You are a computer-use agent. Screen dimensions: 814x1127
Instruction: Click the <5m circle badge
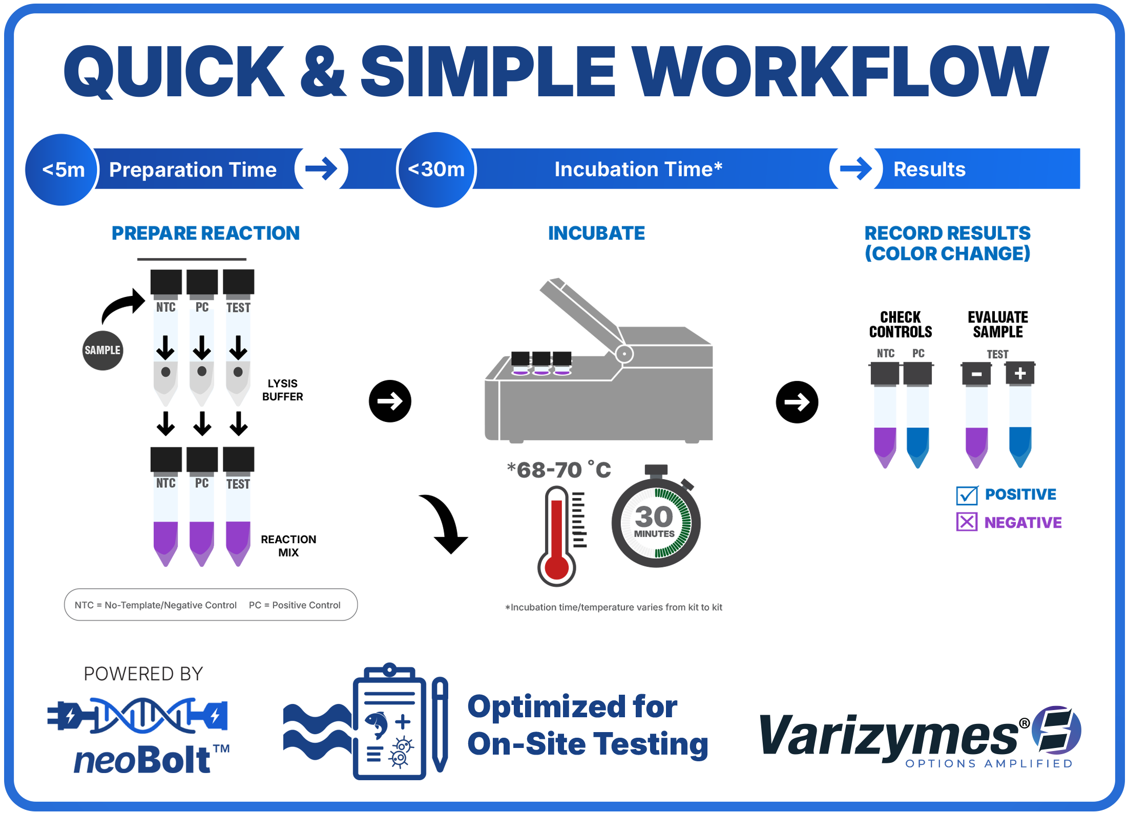click(x=62, y=169)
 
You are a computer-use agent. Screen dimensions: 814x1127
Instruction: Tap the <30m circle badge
click(x=436, y=169)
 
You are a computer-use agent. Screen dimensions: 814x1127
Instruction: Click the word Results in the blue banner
click(x=929, y=169)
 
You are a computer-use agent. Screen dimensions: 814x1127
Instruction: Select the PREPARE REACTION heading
click(x=205, y=233)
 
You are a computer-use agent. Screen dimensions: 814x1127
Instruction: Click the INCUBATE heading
click(x=596, y=233)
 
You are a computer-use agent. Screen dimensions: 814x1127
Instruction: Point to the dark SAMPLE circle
click(x=102, y=350)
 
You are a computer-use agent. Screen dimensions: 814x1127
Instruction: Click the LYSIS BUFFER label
click(x=282, y=390)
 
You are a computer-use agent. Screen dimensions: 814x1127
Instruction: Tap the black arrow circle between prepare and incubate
click(x=390, y=401)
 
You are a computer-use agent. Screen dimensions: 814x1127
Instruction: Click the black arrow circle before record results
click(x=797, y=402)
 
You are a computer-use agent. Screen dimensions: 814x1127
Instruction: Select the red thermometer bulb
click(x=556, y=567)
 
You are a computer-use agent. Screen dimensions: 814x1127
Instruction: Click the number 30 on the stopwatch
click(x=654, y=516)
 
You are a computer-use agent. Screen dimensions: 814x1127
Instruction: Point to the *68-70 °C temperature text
click(x=559, y=469)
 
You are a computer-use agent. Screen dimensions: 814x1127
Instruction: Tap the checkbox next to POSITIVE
click(x=967, y=495)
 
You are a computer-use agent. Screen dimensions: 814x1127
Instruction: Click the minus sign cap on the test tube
click(x=976, y=374)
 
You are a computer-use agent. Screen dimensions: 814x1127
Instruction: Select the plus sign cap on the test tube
click(x=1020, y=373)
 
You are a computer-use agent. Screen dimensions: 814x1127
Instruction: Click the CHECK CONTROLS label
click(x=900, y=324)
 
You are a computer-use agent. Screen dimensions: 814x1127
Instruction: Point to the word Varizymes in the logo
click(x=889, y=735)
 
